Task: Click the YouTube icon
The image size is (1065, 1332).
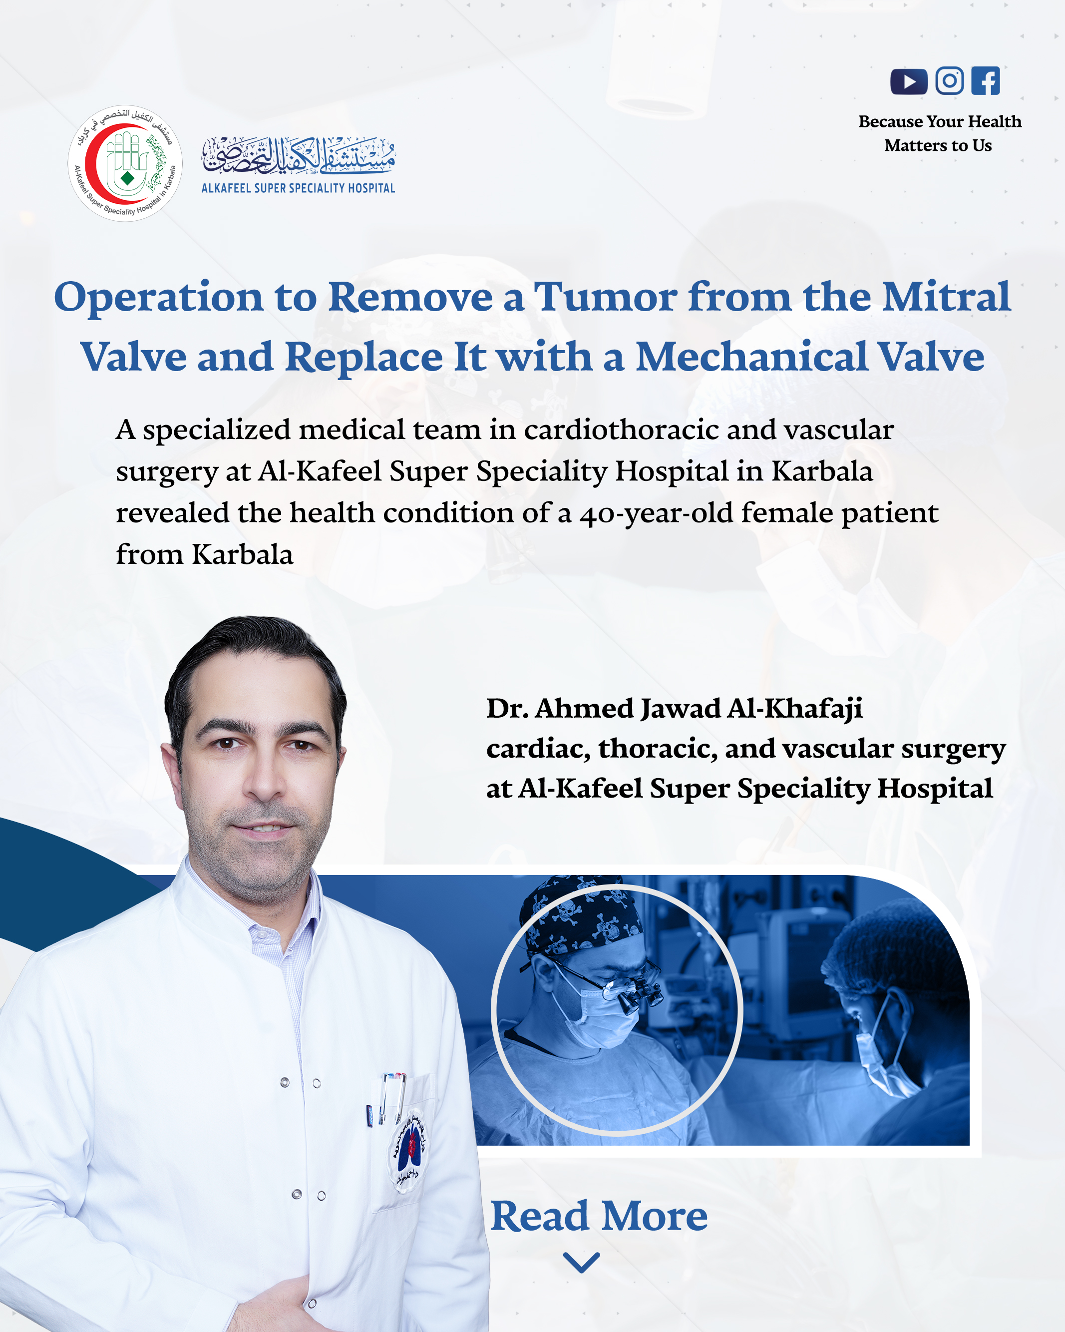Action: (x=908, y=81)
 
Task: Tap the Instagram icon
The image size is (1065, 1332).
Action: (x=949, y=80)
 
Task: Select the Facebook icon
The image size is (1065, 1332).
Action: (x=985, y=80)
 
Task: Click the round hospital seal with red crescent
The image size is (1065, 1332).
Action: (x=125, y=163)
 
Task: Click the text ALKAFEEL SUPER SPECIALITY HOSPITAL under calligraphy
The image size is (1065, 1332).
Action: (x=299, y=188)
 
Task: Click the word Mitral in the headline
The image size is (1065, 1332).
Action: (x=946, y=297)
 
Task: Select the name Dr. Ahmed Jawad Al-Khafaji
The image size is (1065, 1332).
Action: (x=675, y=709)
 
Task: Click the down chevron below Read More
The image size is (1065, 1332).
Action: (x=582, y=1262)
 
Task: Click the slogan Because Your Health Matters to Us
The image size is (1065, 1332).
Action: (x=940, y=133)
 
